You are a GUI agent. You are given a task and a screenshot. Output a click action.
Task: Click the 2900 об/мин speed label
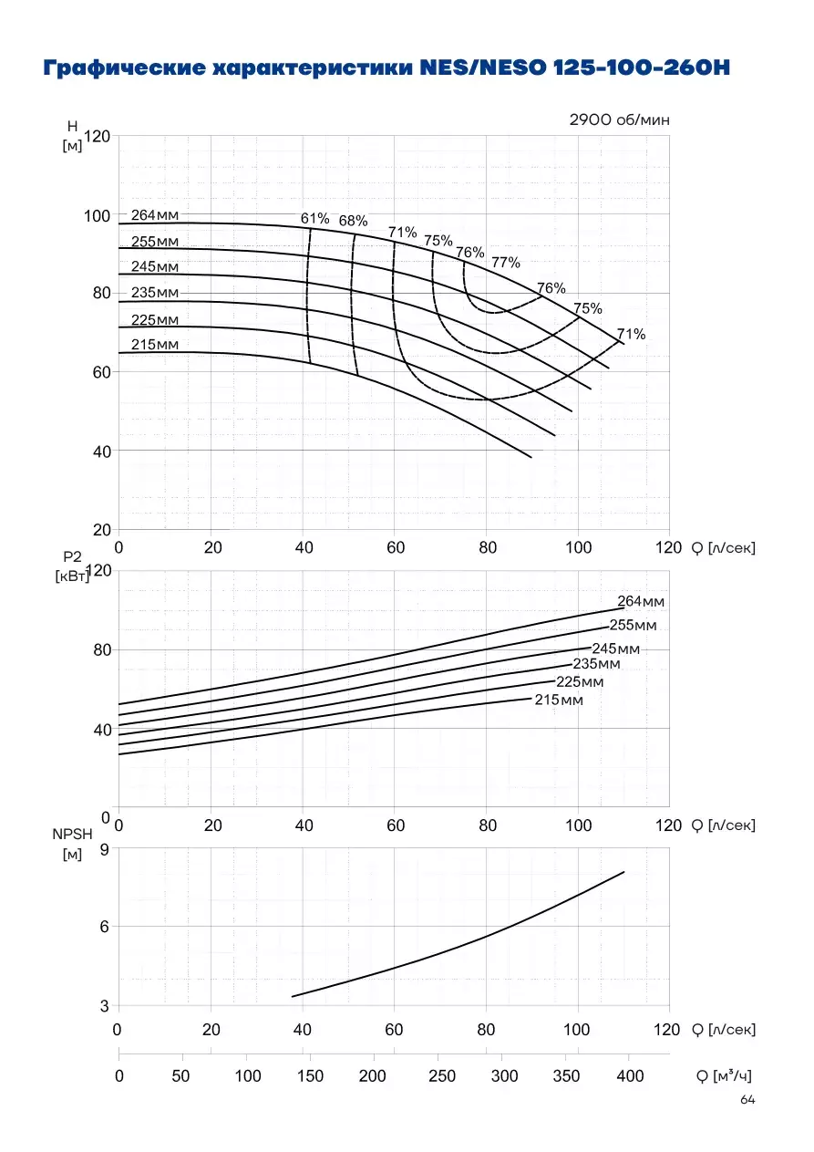(x=619, y=119)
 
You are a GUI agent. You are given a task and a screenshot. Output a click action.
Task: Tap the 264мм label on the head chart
(x=155, y=215)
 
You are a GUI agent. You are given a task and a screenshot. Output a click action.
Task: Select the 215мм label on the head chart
(x=155, y=344)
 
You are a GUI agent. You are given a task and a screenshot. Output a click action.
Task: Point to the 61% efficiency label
(x=315, y=219)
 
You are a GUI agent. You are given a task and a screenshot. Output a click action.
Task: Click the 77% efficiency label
(x=506, y=263)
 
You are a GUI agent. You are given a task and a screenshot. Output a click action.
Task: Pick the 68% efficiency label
(x=353, y=221)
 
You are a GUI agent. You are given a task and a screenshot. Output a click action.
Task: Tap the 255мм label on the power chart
(x=634, y=625)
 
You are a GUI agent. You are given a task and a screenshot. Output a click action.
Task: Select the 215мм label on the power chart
(x=559, y=700)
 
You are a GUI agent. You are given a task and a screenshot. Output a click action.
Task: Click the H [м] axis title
(x=72, y=136)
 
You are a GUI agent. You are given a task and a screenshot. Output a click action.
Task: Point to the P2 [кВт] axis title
(x=72, y=566)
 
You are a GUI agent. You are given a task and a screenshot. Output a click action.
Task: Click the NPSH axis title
(x=72, y=834)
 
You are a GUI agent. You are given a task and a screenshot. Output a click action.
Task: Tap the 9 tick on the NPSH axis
(x=105, y=849)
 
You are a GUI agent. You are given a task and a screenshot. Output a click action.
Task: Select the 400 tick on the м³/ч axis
(x=630, y=1075)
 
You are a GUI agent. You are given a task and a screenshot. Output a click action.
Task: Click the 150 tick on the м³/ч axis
(x=310, y=1075)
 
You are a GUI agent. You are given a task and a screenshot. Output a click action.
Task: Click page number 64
(x=747, y=1099)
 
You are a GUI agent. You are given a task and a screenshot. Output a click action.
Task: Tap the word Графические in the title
(x=124, y=67)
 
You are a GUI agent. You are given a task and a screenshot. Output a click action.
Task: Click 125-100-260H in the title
(x=642, y=67)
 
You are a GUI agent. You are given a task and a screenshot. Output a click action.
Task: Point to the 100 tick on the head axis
(x=98, y=216)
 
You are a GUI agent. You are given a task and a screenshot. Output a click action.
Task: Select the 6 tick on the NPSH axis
(x=105, y=926)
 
